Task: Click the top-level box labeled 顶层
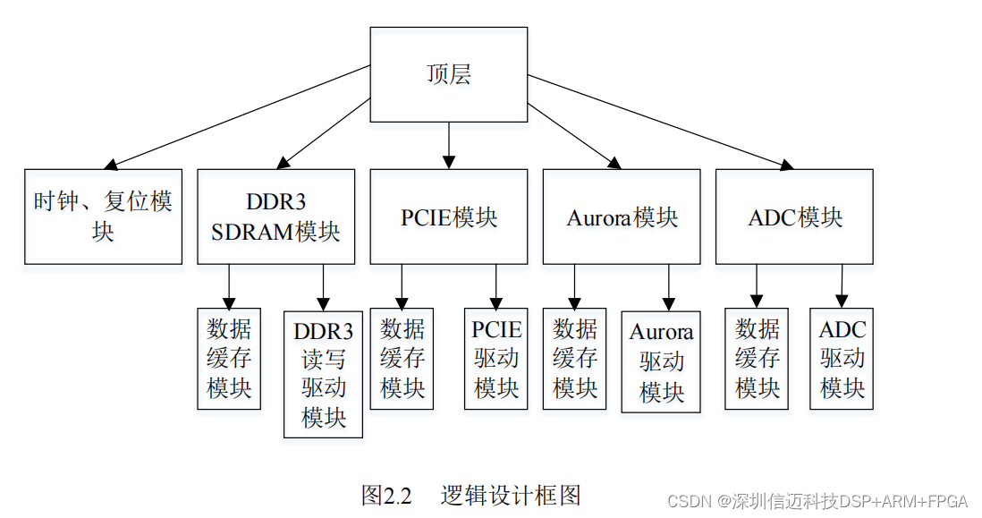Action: point(448,74)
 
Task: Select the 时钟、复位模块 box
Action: point(103,217)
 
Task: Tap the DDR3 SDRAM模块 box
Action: point(275,217)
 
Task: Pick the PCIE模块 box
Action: point(448,217)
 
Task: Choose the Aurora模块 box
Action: point(622,217)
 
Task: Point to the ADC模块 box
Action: point(794,217)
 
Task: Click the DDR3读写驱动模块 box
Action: point(323,374)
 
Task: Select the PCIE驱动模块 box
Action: point(496,359)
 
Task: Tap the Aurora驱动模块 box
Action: point(661,361)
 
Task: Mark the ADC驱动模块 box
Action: point(842,359)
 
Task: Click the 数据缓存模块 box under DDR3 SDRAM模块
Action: point(229,359)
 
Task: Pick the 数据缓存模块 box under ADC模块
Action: point(757,359)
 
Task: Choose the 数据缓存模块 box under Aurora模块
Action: point(574,359)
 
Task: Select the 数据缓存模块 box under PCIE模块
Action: point(402,359)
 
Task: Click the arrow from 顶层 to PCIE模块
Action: point(448,145)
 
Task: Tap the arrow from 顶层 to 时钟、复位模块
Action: point(237,116)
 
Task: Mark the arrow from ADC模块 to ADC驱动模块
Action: point(842,286)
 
